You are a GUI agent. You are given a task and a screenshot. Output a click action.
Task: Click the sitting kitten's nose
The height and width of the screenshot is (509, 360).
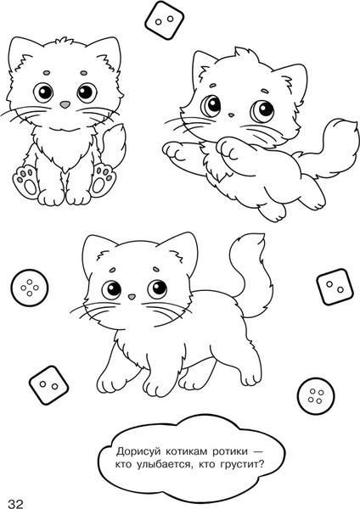pyautogui.click(x=65, y=104)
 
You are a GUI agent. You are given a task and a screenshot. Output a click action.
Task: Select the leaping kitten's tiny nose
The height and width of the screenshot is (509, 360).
pyautogui.click(x=231, y=115)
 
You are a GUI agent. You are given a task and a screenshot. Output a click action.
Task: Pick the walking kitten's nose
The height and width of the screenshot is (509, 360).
pyautogui.click(x=132, y=297)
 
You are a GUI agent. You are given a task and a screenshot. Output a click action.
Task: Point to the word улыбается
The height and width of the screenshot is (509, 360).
pyautogui.click(x=160, y=465)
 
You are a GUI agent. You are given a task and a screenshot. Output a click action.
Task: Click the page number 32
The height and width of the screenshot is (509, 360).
pyautogui.click(x=16, y=503)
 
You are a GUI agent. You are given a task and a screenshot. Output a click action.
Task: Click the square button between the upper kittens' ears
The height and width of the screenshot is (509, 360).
pyautogui.click(x=165, y=20)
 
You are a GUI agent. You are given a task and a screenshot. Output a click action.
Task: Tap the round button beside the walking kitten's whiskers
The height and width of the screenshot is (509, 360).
pyautogui.click(x=29, y=288)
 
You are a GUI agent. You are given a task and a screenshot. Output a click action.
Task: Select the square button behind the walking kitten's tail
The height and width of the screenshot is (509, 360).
pyautogui.click(x=335, y=287)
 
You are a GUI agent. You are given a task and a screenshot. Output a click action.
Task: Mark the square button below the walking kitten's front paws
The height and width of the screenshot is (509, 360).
pyautogui.click(x=48, y=385)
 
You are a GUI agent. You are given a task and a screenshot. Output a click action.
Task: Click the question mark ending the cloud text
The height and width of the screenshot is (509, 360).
pyautogui.click(x=262, y=464)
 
